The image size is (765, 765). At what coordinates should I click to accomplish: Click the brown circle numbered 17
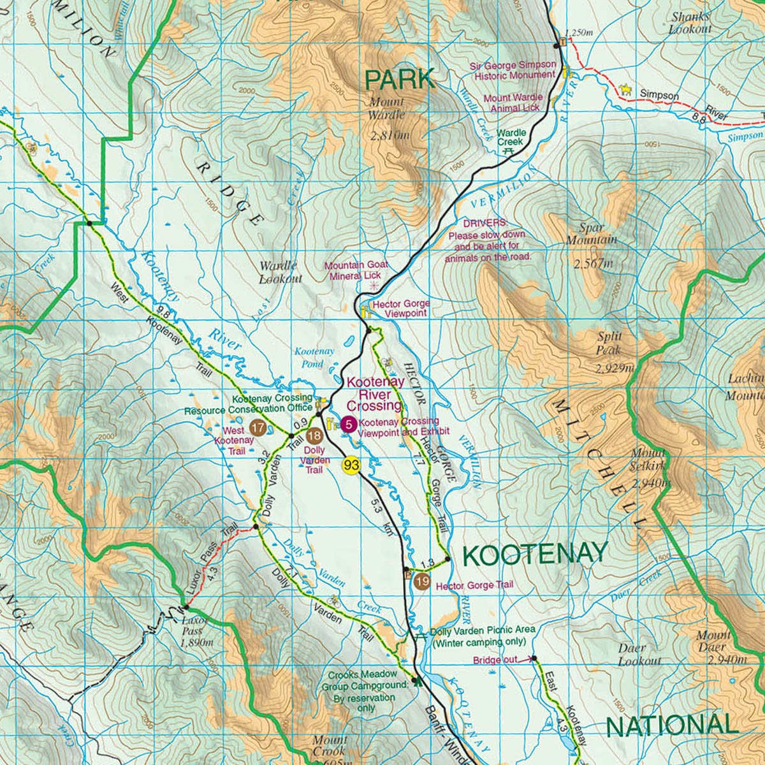(258, 427)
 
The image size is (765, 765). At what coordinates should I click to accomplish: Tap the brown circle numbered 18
(314, 436)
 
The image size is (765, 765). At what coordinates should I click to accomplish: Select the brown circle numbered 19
(421, 581)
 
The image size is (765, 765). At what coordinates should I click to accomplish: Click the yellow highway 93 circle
(351, 465)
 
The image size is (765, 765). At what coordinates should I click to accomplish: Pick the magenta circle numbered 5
(349, 423)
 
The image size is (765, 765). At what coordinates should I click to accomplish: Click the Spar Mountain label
(592, 234)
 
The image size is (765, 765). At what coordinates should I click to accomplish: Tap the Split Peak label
(609, 343)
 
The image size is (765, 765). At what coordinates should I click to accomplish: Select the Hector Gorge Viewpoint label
(400, 309)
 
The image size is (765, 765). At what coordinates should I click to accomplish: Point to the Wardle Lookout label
(280, 272)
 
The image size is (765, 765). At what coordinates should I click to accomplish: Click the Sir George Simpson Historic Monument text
(513, 70)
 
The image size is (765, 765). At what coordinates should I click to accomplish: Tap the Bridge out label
(495, 660)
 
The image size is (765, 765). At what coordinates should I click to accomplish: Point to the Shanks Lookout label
(690, 24)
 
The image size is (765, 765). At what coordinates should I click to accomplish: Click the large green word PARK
(400, 80)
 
